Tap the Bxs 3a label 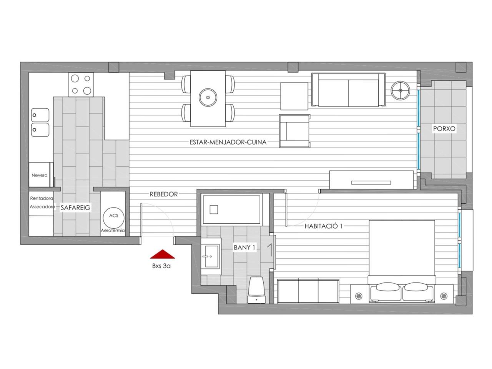(161, 266)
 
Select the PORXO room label (444, 129)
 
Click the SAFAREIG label (76, 208)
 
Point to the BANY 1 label (244, 247)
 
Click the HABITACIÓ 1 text (323, 226)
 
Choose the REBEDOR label (164, 194)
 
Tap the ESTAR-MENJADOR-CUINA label (228, 142)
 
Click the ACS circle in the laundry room (113, 217)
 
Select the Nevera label (40, 175)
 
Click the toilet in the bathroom (256, 290)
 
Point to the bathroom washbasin (211, 256)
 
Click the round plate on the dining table (208, 98)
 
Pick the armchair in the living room (295, 131)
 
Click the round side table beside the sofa (400, 90)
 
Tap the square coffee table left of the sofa (294, 96)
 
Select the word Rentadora (42, 198)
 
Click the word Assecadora (42, 206)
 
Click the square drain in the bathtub (214, 210)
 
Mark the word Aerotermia (113, 230)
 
